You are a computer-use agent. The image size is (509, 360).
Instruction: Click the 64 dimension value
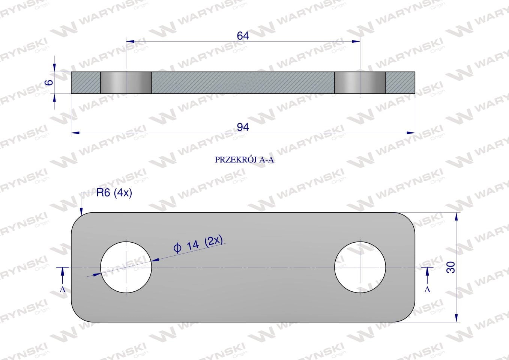point(243,36)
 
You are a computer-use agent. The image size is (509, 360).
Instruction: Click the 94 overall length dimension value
point(243,127)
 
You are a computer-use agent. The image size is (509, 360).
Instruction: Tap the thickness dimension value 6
point(49,82)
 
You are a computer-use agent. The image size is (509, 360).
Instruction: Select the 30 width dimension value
point(451,267)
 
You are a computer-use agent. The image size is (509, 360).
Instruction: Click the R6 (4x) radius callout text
point(114,193)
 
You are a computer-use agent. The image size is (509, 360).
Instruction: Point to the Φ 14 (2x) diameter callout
point(198,244)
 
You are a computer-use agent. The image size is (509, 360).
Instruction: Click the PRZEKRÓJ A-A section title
point(244,160)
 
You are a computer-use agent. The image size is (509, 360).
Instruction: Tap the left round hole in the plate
point(126,267)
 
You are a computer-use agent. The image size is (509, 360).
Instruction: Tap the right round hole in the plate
point(360,267)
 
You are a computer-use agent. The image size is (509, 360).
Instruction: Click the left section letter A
point(63,289)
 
